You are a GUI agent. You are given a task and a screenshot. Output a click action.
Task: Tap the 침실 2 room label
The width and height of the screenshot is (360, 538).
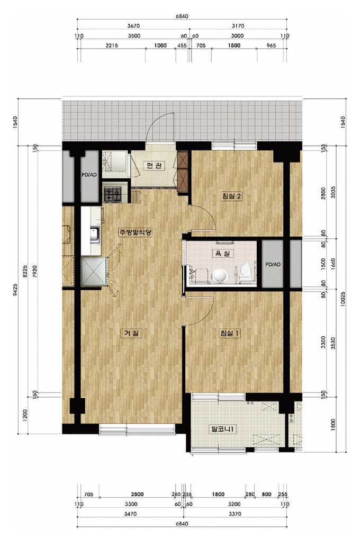232,196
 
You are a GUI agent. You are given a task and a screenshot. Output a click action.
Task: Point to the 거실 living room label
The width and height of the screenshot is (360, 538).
131,333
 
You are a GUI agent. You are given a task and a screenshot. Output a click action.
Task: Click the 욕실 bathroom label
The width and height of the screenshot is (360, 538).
223,254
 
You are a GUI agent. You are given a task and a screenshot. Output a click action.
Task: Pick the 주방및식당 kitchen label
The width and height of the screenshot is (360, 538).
135,232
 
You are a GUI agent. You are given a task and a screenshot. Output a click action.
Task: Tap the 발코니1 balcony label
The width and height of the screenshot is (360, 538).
223,428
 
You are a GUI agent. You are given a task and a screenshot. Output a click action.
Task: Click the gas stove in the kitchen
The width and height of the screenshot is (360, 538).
113,194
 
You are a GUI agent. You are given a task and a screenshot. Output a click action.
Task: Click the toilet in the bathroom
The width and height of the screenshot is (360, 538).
245,271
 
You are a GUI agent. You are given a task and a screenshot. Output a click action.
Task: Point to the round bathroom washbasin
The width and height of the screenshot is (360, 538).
219,276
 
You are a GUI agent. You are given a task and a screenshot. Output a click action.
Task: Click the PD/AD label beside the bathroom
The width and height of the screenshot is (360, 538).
273,265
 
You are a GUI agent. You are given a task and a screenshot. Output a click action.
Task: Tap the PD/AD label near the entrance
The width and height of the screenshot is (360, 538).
89,175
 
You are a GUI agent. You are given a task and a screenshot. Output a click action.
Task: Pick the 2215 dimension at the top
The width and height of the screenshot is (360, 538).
112,46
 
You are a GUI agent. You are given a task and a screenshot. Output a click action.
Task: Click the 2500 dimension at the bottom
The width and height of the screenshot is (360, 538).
137,495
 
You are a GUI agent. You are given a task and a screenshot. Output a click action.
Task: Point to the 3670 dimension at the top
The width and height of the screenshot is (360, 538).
133,26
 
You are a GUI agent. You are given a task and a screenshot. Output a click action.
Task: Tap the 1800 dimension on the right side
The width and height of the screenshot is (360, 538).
334,425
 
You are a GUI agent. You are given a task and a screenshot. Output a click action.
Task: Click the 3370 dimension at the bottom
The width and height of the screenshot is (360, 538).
235,514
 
